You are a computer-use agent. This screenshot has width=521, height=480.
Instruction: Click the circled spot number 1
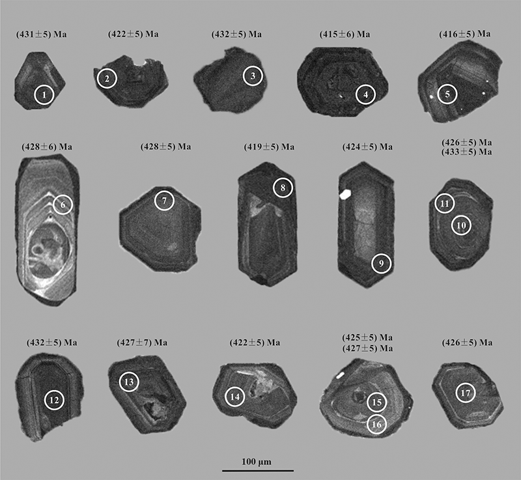tap(44, 94)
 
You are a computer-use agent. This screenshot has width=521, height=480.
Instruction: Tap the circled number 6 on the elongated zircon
tap(63, 205)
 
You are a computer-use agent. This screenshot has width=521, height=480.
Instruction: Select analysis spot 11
tap(445, 203)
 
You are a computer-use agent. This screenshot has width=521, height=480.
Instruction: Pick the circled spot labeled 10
tap(461, 225)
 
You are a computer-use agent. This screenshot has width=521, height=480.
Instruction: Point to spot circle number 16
tap(377, 424)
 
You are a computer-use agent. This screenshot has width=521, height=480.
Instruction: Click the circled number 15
tap(377, 402)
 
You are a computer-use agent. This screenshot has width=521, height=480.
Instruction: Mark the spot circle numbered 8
tap(283, 188)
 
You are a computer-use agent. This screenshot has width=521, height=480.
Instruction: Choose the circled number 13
tap(129, 382)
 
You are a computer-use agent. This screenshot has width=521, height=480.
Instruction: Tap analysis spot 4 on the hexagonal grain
tap(365, 94)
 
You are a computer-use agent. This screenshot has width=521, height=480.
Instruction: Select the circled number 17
tap(466, 393)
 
